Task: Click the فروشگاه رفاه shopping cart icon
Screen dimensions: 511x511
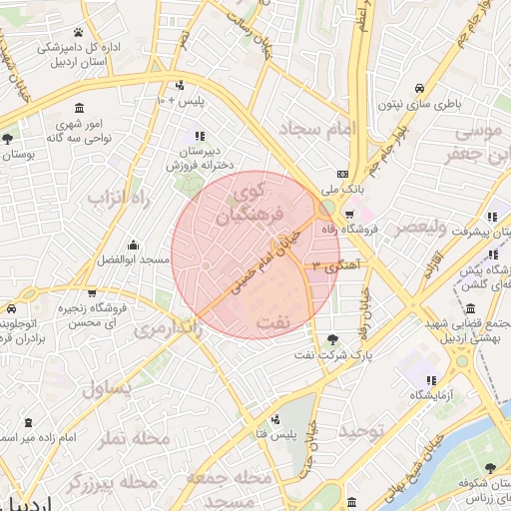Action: [x=349, y=215]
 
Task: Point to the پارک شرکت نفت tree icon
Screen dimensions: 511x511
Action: [x=331, y=339]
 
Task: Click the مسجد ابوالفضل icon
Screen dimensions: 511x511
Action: [x=133, y=245]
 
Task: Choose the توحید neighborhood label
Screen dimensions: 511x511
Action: [x=361, y=431]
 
